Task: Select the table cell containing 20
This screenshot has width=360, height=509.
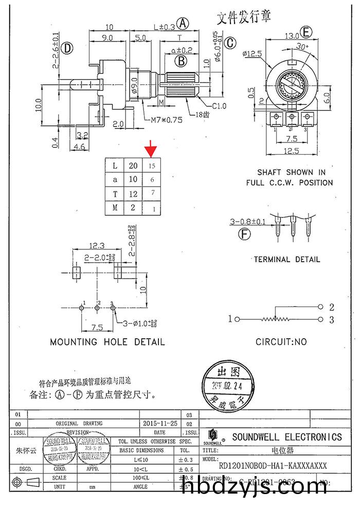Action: (x=133, y=166)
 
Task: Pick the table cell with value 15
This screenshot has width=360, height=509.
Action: (x=152, y=166)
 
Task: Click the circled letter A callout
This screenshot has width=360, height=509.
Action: (x=183, y=23)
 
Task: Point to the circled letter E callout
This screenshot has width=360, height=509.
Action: (x=307, y=32)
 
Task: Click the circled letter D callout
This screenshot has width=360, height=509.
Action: (x=67, y=48)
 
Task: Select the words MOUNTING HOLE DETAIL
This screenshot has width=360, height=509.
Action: (x=107, y=342)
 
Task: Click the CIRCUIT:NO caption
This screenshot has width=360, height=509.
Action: (x=281, y=342)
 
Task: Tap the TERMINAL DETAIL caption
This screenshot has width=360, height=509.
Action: (x=287, y=260)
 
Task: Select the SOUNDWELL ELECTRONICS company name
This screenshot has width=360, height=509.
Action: (x=286, y=437)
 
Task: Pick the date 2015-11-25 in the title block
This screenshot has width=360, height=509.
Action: (x=160, y=423)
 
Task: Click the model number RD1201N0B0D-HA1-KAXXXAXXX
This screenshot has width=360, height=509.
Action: (x=273, y=466)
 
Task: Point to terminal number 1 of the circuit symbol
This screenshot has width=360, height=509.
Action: (x=230, y=319)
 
